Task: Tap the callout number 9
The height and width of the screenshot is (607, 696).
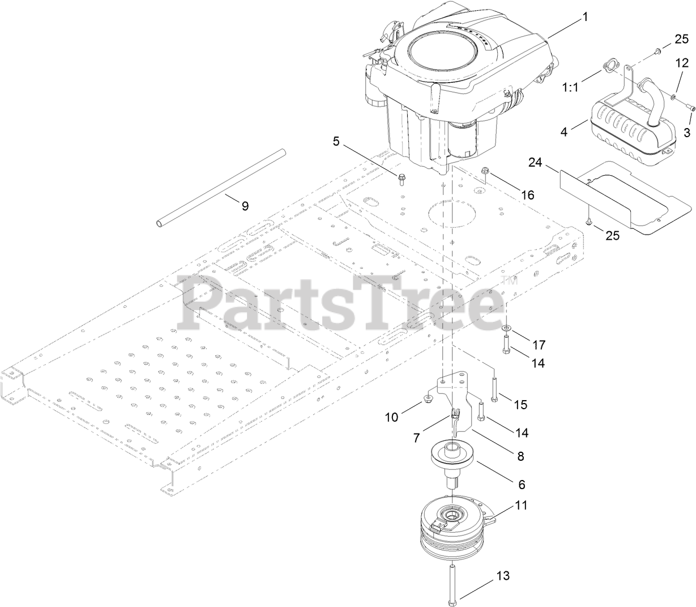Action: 245,206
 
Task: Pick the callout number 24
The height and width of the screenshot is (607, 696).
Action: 535,162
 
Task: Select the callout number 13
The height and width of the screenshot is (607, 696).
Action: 503,576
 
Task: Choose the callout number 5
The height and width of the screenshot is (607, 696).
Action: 336,141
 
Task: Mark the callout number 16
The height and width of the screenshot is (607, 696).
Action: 527,195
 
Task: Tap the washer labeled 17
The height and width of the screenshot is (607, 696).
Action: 505,329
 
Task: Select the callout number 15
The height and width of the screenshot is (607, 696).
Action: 520,405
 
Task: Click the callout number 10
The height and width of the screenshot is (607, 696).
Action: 407,417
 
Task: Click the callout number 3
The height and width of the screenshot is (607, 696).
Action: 686,133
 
